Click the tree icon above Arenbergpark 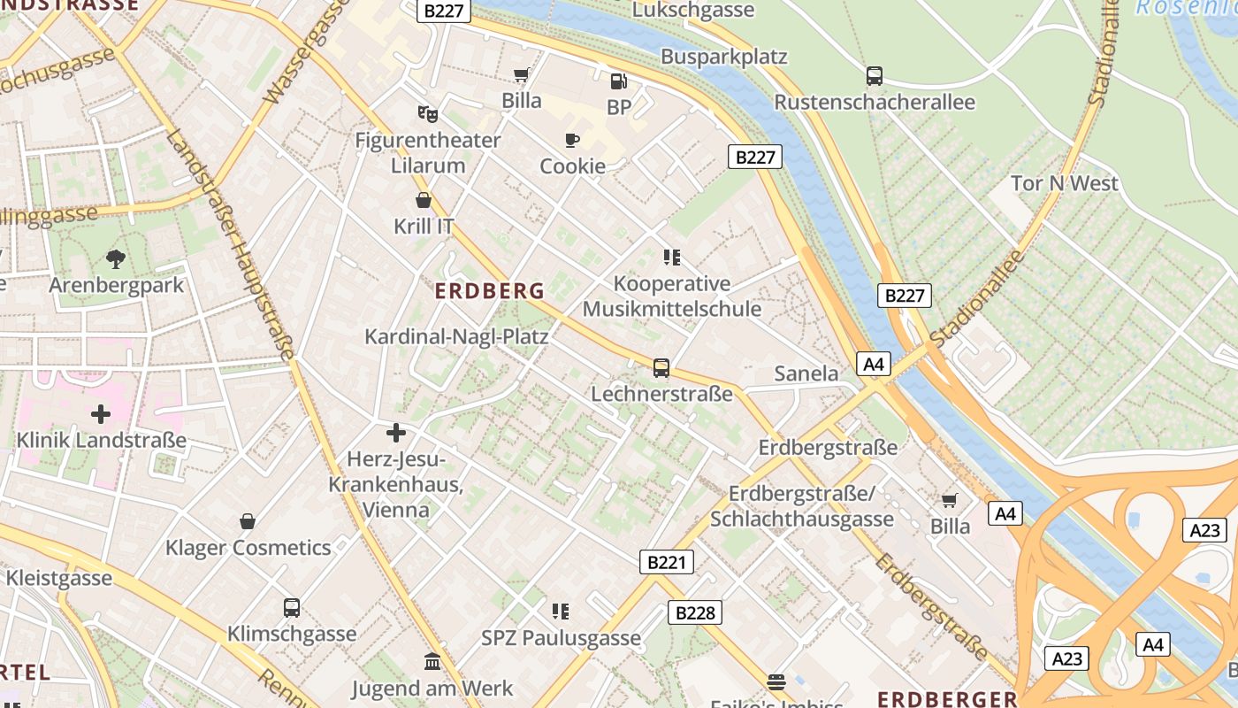point(115,259)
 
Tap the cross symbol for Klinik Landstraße point(101,413)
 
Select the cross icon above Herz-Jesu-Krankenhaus point(395,433)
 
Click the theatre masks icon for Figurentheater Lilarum point(428,113)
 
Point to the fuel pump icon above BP point(618,81)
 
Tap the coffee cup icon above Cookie point(572,140)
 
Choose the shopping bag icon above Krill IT point(424,200)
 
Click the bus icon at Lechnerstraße point(661,368)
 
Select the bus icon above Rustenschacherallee point(874,76)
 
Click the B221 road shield point(667,561)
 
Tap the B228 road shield point(694,612)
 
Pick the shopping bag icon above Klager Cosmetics point(248,521)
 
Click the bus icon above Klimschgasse point(291,608)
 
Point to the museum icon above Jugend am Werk point(432,662)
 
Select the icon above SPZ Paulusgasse point(560,612)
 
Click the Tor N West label point(1065,183)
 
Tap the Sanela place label point(806,373)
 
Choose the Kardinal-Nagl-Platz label point(456,336)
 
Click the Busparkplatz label point(723,57)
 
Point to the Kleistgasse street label point(59,579)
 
